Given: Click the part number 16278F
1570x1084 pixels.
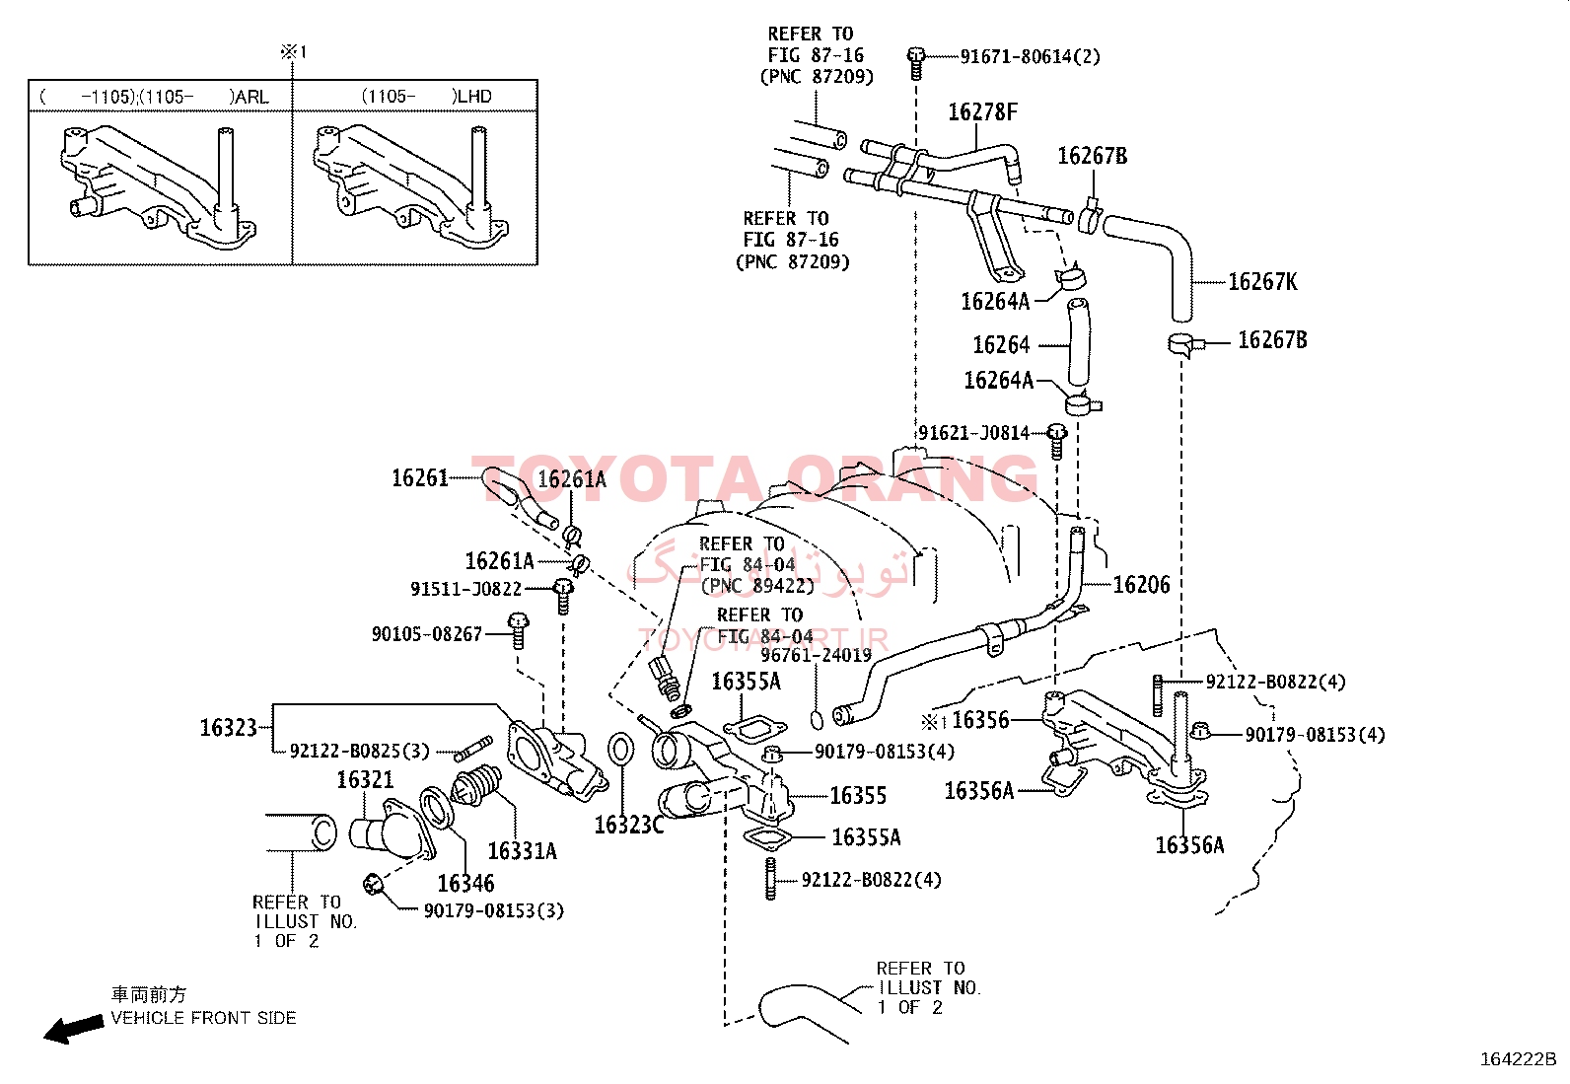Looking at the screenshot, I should [981, 112].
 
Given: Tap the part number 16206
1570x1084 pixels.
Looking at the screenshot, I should [1141, 585].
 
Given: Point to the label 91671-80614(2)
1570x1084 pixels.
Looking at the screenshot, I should [1030, 56].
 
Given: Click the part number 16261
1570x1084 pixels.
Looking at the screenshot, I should [419, 478].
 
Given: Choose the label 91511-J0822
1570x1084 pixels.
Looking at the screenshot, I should [465, 589].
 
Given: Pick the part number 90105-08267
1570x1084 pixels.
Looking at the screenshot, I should [426, 634].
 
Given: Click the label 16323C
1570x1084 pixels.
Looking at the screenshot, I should [628, 825].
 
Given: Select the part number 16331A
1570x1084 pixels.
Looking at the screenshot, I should [522, 851].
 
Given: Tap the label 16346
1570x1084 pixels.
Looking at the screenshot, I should [465, 884].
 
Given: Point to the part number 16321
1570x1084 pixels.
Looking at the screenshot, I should [365, 780].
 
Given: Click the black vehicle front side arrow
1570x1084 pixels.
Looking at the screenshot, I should [73, 1029].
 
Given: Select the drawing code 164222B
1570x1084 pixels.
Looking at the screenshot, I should [1517, 1059].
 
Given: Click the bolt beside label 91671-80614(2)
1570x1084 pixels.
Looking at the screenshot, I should [916, 60].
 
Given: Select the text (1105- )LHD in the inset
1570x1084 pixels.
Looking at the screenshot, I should [426, 97].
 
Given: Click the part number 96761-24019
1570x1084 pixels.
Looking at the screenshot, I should [816, 655].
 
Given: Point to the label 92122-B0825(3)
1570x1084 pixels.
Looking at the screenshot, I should [359, 752].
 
